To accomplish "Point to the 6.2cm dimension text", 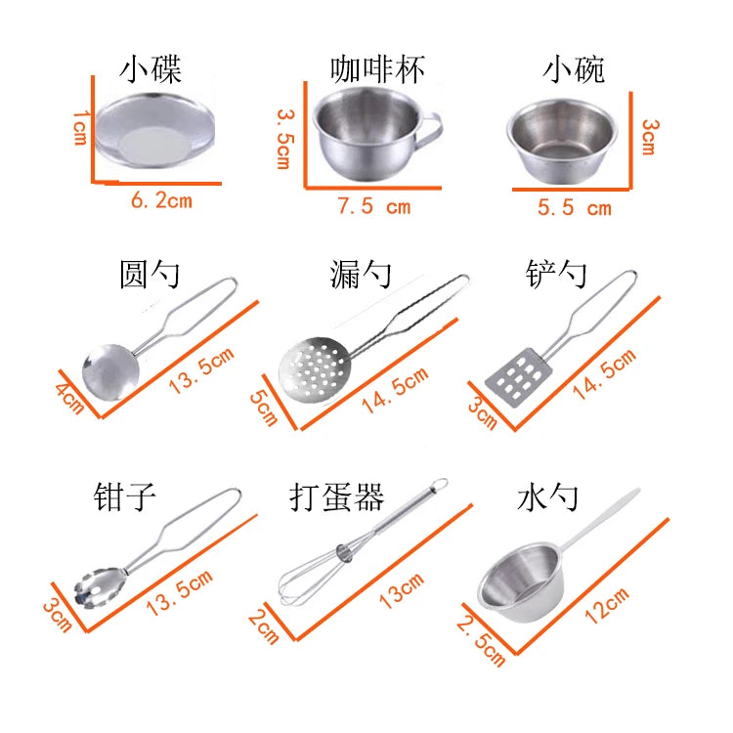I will (x=161, y=201).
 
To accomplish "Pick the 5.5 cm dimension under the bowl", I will (x=575, y=207).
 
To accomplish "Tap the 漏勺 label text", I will (x=361, y=276).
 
